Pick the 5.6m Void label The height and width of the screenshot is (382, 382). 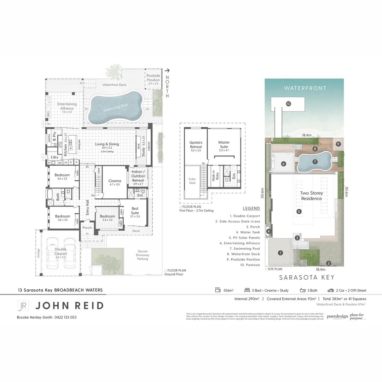(192, 181)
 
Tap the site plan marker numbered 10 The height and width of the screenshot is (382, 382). (288, 104)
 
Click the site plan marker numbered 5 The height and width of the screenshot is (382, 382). (299, 212)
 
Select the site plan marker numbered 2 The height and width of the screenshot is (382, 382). (329, 263)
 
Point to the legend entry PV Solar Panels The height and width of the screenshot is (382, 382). (245, 238)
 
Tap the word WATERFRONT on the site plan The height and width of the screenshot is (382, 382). (305, 88)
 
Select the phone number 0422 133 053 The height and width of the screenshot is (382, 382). (65, 317)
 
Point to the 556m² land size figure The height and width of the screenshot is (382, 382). (228, 290)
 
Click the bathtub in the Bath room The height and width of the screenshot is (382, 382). (50, 194)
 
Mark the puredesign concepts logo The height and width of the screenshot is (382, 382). (337, 316)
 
